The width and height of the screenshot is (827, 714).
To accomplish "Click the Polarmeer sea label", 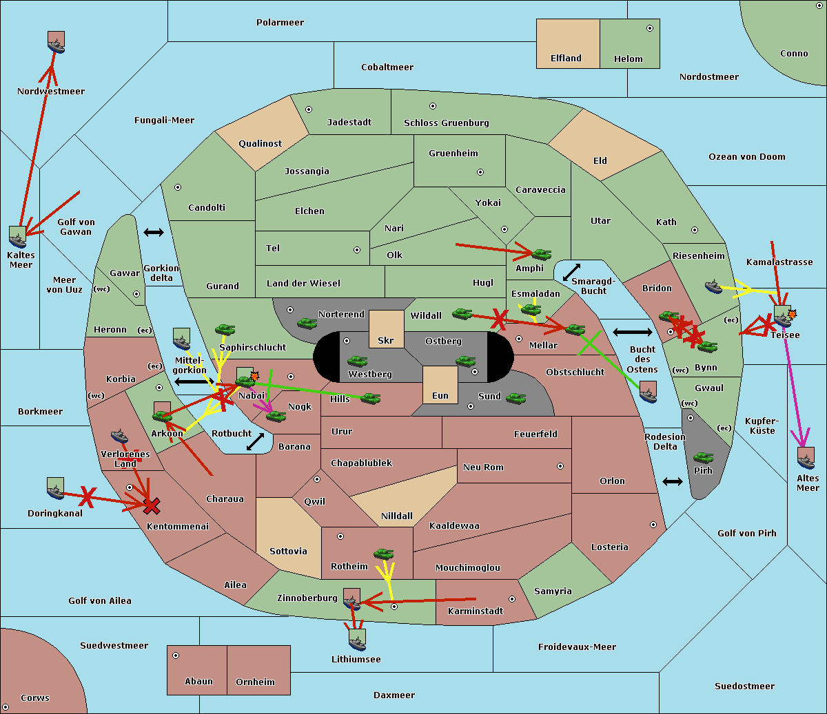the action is tap(280, 23).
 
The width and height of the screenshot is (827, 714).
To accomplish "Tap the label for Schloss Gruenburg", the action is tap(447, 123).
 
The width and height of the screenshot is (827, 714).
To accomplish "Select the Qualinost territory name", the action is tap(260, 143).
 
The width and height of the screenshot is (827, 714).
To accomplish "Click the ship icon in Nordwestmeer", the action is tap(56, 42).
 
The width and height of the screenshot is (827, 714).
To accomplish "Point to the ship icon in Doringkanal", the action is tap(55, 488).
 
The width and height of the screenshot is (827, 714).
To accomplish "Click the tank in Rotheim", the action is tap(383, 554).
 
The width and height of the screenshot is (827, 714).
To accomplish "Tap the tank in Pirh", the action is tap(703, 457).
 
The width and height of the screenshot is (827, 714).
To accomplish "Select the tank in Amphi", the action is tap(541, 254).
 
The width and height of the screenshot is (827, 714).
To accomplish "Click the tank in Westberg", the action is tap(357, 361).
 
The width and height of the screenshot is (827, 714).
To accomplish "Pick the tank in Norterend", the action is tap(307, 323).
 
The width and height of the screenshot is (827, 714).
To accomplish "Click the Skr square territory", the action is tap(386, 329).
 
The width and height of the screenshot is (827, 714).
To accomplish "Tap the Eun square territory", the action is tap(440, 385).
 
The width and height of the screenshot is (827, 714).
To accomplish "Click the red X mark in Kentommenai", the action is tap(152, 505).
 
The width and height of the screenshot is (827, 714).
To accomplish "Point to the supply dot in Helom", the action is tap(650, 28).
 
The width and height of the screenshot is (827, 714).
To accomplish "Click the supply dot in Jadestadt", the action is tap(309, 109).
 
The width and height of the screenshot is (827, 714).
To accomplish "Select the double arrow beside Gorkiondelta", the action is tap(154, 232).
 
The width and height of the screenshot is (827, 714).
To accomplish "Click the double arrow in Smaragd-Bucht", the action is tap(571, 272).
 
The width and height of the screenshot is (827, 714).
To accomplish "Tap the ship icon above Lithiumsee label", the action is tap(357, 640).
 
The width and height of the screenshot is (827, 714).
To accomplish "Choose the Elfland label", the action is tap(566, 59).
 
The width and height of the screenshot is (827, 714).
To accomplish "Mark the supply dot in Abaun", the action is tap(175, 655).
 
